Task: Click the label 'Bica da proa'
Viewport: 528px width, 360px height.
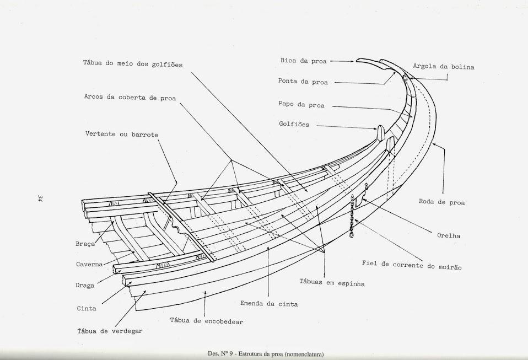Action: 303,61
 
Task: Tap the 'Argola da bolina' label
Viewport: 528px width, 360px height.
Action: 443,67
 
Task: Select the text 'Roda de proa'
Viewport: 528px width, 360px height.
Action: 441,202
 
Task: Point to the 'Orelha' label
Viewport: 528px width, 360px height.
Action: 449,235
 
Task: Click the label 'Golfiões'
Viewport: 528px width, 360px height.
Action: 294,124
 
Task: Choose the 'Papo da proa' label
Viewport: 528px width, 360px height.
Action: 301,104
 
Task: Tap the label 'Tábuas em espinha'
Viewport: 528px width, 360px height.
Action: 332,283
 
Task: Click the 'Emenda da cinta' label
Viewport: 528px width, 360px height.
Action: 269,303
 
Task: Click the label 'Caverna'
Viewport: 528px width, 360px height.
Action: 89,264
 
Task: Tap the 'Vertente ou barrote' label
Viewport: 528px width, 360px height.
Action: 122,134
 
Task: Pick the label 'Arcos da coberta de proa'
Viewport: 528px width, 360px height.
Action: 130,97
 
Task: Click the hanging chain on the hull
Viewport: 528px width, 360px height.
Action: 351,218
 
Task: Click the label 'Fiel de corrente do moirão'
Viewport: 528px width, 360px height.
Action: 412,265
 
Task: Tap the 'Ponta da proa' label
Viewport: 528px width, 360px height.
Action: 303,82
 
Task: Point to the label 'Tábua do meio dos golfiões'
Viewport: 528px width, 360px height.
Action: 132,64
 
